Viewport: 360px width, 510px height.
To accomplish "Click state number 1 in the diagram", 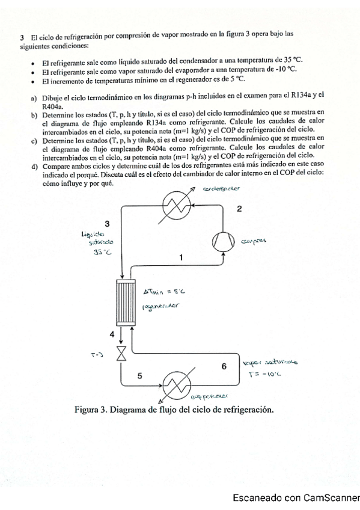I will [x=181, y=257].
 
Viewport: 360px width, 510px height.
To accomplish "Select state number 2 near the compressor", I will [x=239, y=209].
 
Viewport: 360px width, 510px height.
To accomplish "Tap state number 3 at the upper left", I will [x=107, y=223].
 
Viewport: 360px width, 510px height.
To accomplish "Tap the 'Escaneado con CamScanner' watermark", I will [x=295, y=497].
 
